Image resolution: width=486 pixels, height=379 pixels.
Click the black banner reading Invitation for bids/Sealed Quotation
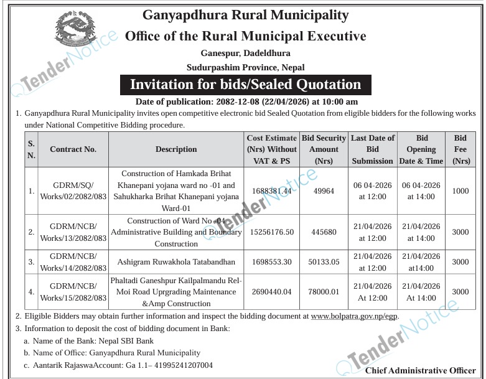(245, 84)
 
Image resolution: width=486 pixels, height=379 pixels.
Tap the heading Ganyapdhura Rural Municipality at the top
(246, 15)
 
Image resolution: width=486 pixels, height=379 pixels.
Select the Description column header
(176, 149)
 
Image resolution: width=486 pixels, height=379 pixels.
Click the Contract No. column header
(73, 149)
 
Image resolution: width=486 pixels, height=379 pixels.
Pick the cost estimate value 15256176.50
(272, 232)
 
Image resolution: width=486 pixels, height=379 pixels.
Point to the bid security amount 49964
(324, 191)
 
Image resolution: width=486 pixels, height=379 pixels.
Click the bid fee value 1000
(460, 191)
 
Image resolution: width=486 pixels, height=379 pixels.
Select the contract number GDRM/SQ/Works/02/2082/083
(73, 191)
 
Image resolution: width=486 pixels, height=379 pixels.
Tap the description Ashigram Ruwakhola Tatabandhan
(176, 262)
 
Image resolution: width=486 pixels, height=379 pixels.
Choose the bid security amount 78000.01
(324, 292)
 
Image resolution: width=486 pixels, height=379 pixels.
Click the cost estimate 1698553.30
(272, 262)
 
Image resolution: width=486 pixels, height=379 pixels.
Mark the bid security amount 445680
(324, 232)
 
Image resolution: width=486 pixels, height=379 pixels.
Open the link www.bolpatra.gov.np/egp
(354, 316)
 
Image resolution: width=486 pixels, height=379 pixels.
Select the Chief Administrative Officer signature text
(421, 371)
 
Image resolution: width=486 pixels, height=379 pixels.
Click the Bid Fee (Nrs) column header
(460, 149)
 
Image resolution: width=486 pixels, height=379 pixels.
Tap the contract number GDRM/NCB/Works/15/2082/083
(73, 292)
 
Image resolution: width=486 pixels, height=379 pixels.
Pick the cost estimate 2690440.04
(272, 292)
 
